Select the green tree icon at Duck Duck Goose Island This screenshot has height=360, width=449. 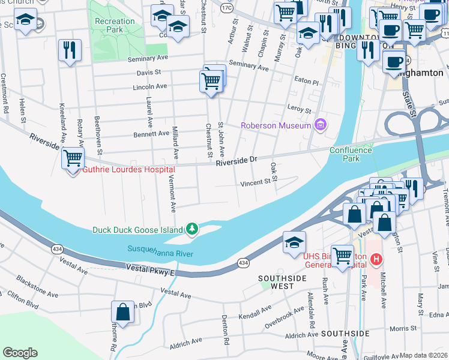tap(191, 229)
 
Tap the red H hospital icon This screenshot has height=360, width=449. tap(376, 259)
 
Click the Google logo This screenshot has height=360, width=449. tap(20, 353)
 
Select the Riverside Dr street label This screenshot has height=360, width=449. tap(237, 161)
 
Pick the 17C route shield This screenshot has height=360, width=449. tap(226, 8)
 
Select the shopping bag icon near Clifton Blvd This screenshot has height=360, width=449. tap(122, 313)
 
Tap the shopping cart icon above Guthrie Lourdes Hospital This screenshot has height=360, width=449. tap(73, 159)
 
